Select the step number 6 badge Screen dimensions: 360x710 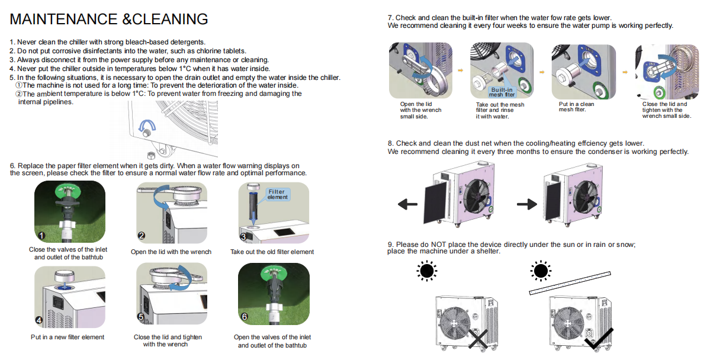243,317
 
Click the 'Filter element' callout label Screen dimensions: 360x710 277,194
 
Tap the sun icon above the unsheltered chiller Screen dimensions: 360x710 426,271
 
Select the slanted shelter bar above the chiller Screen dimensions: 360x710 570,282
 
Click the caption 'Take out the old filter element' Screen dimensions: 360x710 272,252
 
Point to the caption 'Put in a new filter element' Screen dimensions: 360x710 68,337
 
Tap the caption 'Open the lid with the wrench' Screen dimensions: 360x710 171,252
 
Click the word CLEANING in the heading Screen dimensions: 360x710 171,19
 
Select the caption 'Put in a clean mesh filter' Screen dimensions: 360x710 576,107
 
